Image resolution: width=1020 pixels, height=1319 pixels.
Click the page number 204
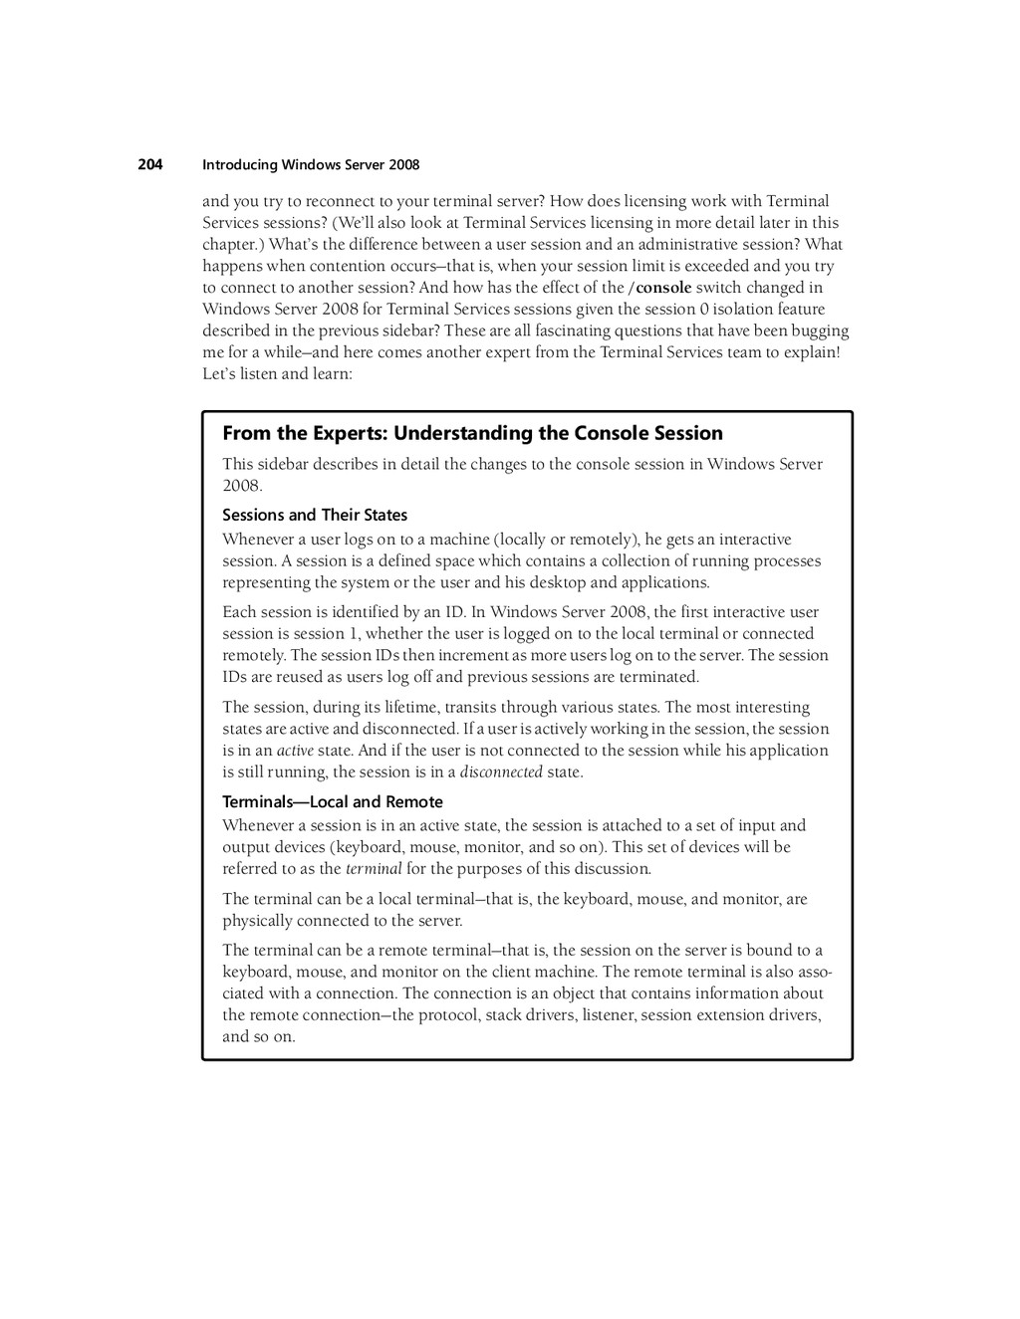pos(149,164)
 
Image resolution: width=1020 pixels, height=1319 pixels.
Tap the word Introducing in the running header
pos(239,165)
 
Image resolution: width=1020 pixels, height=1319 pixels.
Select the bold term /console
pos(659,288)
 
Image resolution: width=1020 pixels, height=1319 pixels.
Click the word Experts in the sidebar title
pos(349,433)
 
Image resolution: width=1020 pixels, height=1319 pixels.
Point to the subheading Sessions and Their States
pos(315,515)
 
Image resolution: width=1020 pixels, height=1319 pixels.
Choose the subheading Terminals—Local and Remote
pos(333,801)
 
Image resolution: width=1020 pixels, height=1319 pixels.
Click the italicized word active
pos(295,751)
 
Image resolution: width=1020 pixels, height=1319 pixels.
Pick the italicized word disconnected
pos(501,772)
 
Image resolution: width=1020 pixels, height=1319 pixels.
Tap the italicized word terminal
pos(374,869)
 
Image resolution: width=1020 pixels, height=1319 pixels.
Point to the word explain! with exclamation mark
pos(811,352)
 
